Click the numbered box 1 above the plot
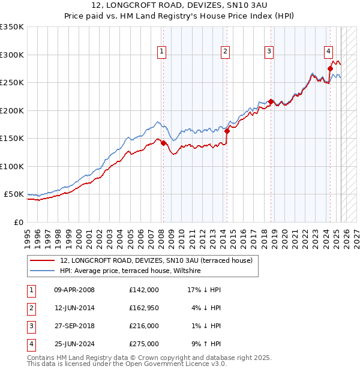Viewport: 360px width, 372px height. tap(163, 52)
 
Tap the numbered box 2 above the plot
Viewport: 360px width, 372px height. tap(225, 52)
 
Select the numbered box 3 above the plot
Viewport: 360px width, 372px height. tap(269, 52)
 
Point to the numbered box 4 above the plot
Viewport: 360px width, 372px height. tap(329, 52)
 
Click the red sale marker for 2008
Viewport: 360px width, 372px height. tap(163, 143)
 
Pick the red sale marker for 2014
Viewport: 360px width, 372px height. tap(227, 131)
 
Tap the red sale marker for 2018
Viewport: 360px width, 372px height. tap(271, 102)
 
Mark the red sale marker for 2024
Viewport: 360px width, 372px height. tap(330, 69)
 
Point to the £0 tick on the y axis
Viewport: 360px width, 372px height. tap(19, 222)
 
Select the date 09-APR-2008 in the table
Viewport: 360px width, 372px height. tap(74, 290)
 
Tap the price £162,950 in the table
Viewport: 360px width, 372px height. tap(144, 308)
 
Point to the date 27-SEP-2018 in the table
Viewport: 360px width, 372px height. tap(74, 326)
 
